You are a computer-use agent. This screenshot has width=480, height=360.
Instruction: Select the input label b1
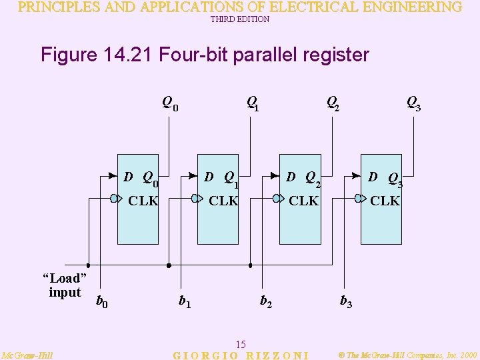point(185,301)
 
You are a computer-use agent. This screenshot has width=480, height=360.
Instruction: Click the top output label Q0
point(170,103)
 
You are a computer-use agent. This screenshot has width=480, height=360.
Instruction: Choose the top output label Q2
point(332,103)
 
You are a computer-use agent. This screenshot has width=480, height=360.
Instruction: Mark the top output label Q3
point(413,103)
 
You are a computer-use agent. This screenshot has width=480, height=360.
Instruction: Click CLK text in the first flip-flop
point(143,200)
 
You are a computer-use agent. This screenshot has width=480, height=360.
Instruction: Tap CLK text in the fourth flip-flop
point(385,200)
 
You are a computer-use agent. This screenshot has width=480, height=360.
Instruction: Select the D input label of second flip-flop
point(209,177)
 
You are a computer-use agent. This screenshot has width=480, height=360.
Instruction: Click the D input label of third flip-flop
point(291,177)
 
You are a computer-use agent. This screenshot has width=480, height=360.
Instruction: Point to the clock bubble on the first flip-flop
point(115,198)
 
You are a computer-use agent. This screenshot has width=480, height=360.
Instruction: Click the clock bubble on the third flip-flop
point(276,198)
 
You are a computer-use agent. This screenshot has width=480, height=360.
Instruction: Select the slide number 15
point(241,344)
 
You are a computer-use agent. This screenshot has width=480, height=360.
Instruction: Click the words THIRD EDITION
point(240,19)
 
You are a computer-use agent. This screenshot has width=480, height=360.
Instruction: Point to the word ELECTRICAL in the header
point(287,7)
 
